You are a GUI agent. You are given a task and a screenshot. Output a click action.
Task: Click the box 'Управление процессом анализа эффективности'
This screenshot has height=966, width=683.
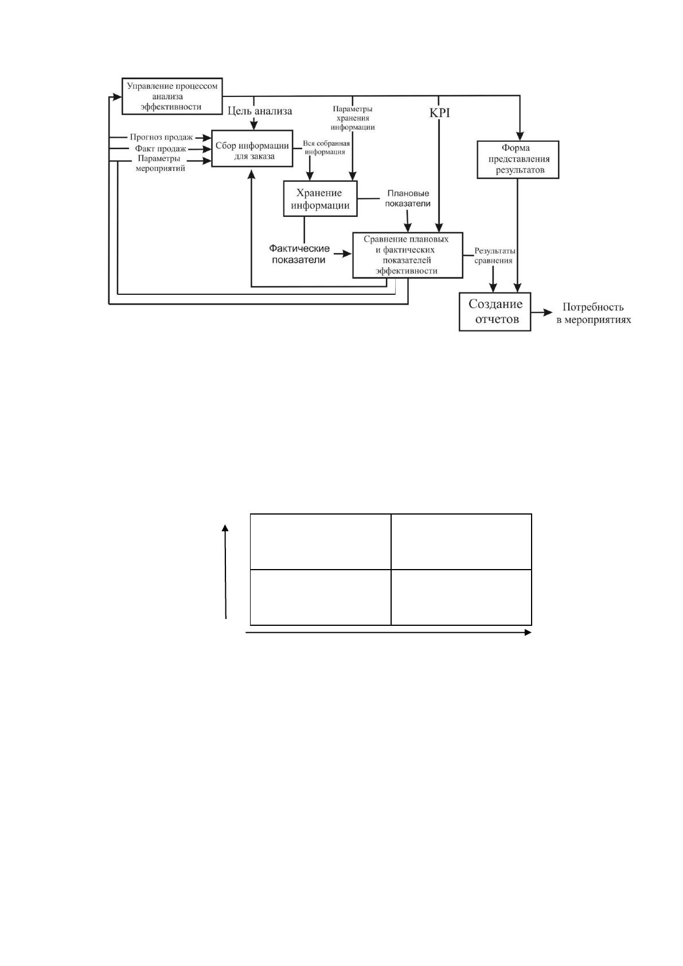172,96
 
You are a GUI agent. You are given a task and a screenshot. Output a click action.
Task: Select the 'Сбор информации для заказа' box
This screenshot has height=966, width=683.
252,149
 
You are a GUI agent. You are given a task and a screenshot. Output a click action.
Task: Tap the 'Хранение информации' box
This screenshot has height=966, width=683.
320,198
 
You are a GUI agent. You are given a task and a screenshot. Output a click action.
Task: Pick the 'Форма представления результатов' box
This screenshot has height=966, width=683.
518,159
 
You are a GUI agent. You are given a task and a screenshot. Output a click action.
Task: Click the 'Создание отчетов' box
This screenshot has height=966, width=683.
494,312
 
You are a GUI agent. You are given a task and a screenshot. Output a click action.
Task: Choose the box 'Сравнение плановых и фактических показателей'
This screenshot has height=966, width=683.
408,255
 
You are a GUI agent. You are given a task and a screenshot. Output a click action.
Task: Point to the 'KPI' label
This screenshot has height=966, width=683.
439,113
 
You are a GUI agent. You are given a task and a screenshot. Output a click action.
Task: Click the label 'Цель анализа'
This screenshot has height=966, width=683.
260,111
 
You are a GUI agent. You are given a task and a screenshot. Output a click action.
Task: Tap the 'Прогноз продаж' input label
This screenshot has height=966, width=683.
161,137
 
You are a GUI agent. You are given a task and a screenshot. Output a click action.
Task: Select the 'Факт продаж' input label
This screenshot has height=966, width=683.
161,149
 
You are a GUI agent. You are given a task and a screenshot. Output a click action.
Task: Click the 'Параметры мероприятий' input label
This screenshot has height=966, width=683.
159,163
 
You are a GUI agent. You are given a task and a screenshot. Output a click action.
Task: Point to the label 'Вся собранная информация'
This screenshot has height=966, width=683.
326,147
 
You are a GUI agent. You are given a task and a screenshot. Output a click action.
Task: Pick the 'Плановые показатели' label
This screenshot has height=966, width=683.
408,198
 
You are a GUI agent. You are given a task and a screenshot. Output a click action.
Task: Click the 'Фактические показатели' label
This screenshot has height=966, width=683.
299,254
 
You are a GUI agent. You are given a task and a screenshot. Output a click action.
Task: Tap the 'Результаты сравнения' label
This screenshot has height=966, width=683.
494,255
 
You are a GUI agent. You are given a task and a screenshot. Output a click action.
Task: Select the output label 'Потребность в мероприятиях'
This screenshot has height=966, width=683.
594,313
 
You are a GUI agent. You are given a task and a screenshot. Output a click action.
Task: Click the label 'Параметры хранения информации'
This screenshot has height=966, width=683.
352,118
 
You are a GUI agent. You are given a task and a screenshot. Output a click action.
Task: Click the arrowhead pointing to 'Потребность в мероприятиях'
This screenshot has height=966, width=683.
548,312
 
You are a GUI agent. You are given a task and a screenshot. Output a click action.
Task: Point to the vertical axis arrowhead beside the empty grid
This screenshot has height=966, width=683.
225,528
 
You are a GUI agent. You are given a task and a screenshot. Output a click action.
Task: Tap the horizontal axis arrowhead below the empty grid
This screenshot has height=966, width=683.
528,632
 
